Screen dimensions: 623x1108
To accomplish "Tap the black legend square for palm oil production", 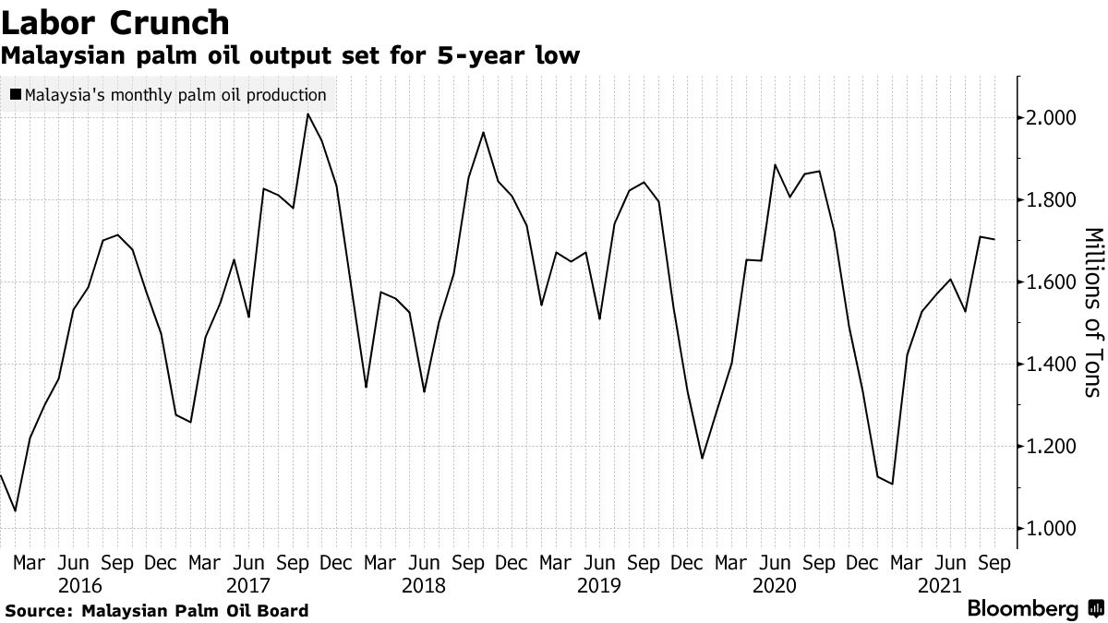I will click(x=15, y=94).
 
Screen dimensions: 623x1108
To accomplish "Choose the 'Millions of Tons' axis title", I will click(x=1091, y=312).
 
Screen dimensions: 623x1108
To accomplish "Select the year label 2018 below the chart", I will click(x=423, y=586).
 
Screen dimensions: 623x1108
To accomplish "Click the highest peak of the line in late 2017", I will click(x=307, y=114).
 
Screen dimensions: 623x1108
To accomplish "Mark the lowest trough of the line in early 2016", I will click(x=15, y=510).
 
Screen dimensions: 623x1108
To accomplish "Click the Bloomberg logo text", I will click(x=1022, y=609).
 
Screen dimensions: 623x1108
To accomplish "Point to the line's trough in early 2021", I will click(x=893, y=484).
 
